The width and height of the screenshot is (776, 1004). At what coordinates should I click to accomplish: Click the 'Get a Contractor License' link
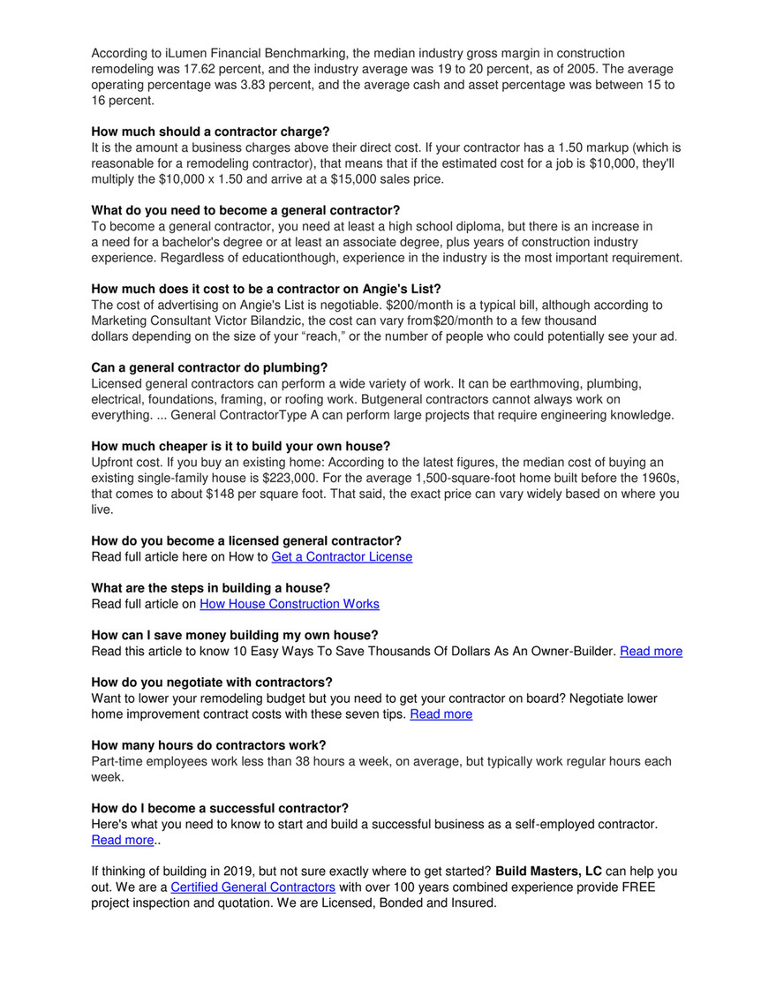tap(342, 557)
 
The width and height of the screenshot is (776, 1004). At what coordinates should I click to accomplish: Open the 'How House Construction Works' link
tap(290, 604)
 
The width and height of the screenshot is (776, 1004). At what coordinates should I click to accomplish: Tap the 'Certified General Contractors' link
tap(252, 887)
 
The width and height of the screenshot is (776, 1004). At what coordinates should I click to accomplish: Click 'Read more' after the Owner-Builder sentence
tap(651, 651)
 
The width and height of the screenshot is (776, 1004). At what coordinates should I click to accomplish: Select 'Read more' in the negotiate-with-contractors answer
tap(441, 713)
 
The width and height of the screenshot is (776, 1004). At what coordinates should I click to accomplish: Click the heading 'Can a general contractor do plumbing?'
tap(209, 367)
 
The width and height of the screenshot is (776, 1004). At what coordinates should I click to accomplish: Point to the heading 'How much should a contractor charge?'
tap(210, 132)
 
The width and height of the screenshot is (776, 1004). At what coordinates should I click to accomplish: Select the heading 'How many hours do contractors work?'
tap(208, 745)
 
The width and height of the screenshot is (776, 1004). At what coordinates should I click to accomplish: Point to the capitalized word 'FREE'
tap(637, 887)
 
